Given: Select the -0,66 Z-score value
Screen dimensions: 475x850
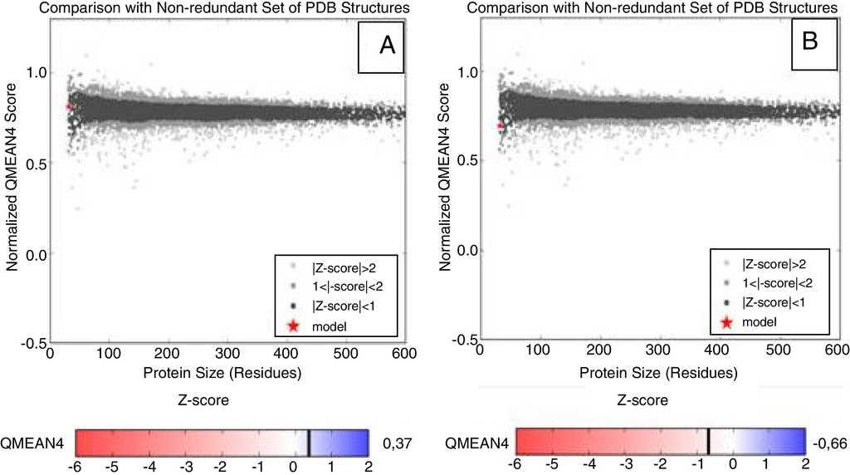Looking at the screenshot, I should pyautogui.click(x=829, y=441).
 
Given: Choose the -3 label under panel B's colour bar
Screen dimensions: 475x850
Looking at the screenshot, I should pyautogui.click(x=624, y=464).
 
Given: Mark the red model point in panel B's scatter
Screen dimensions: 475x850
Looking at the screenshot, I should pyautogui.click(x=501, y=125).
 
